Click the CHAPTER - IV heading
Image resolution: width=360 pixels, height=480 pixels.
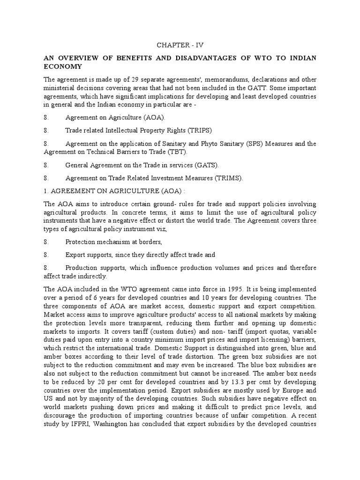tap(180, 45)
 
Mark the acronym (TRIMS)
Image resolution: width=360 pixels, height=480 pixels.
tap(228, 179)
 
